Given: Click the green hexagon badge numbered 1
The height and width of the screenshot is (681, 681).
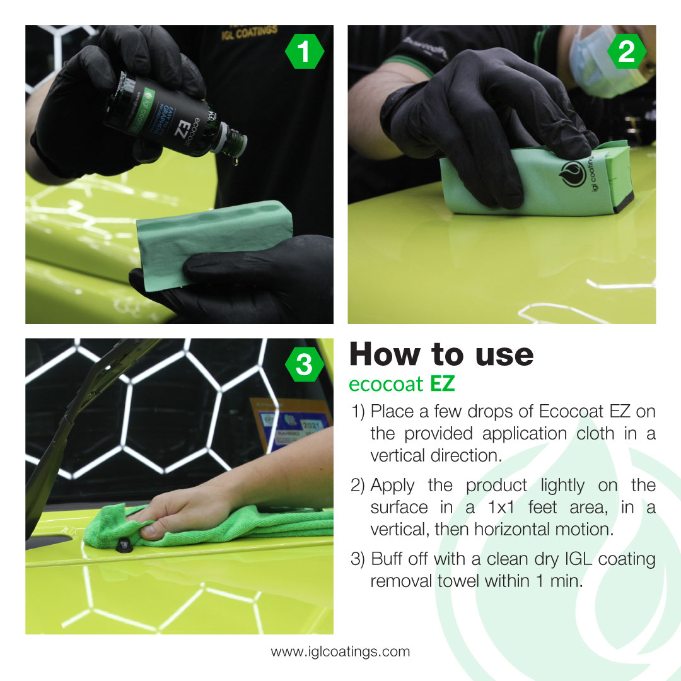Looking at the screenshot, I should [x=305, y=52].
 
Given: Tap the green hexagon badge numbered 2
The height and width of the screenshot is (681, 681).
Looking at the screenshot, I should [x=627, y=52].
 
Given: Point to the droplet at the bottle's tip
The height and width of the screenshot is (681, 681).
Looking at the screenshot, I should [x=235, y=162].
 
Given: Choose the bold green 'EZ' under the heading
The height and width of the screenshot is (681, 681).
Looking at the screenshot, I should [x=443, y=383].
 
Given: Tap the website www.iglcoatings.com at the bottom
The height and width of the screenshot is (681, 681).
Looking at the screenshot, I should [x=340, y=651].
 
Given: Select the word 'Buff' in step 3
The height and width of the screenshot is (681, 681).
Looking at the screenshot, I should [x=385, y=559].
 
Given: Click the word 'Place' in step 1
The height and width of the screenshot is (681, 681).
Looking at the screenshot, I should [x=392, y=412].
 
